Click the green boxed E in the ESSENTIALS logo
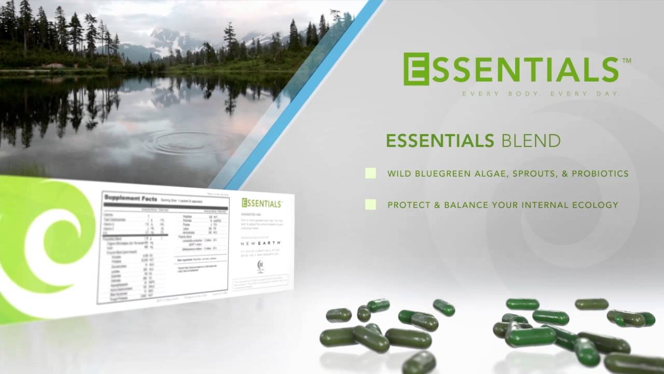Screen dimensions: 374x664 coord(416,69)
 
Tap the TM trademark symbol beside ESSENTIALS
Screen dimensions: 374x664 coord(626,61)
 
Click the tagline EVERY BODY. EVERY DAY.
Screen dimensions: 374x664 coord(541,94)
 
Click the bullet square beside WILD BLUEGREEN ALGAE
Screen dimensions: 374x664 coord(370,173)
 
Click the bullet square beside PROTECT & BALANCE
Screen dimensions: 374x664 coord(370,205)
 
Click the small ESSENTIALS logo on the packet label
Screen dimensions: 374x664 coord(262,203)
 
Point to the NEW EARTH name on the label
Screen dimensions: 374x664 coord(261,243)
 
